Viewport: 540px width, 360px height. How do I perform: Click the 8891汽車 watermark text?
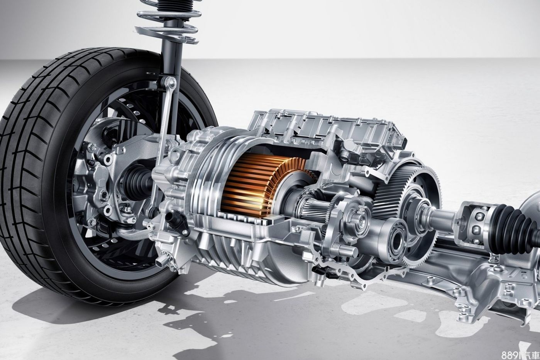point(520,355)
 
